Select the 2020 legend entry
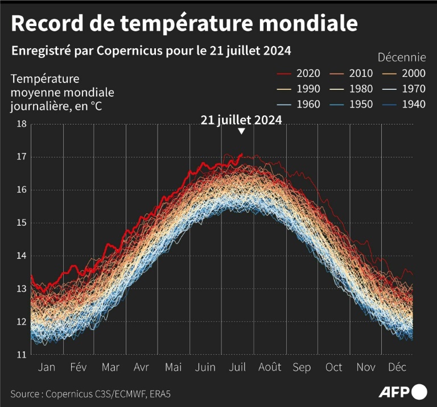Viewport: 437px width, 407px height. pyautogui.click(x=299, y=73)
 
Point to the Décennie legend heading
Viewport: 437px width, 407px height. pyautogui.click(x=402, y=57)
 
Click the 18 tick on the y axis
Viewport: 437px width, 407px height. pyautogui.click(x=20, y=124)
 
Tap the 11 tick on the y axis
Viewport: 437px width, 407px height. pyautogui.click(x=20, y=355)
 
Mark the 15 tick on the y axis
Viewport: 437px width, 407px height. pyautogui.click(x=20, y=223)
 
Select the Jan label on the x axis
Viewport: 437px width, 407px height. pyautogui.click(x=46, y=367)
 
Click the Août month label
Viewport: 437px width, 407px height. pyautogui.click(x=270, y=367)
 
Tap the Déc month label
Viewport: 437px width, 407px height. pyautogui.click(x=398, y=367)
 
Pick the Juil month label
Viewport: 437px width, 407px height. pyautogui.click(x=237, y=367)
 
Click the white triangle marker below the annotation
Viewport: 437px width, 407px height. pyautogui.click(x=241, y=131)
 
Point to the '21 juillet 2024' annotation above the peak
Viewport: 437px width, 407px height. pyautogui.click(x=241, y=120)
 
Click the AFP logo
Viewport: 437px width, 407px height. pyautogui.click(x=403, y=392)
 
